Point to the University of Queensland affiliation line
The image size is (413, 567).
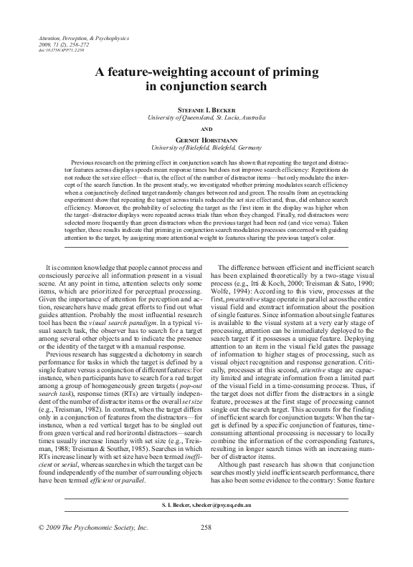(x=206, y=116)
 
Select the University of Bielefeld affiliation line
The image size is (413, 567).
(x=206, y=147)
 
